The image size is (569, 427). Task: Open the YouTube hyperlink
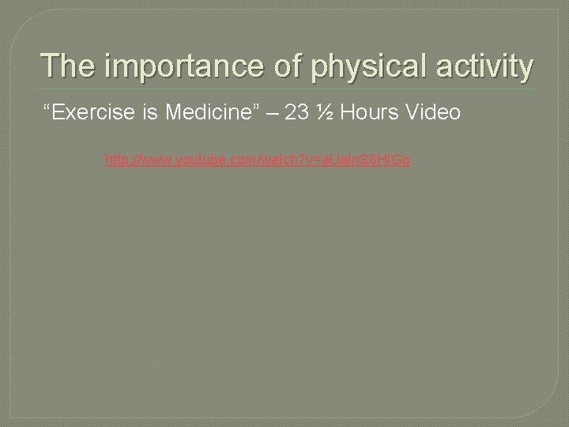click(x=258, y=161)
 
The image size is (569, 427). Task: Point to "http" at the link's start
click(x=118, y=161)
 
